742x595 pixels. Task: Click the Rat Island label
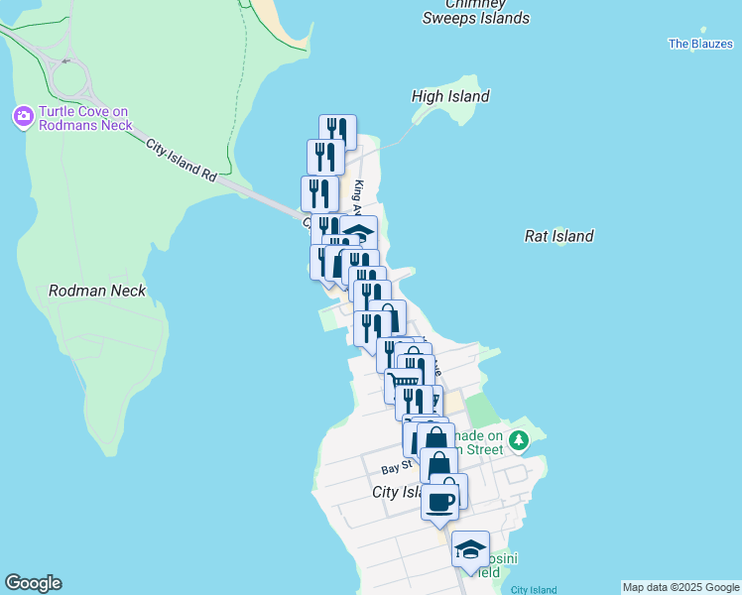click(558, 236)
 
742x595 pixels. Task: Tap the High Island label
click(450, 96)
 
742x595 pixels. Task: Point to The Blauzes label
click(700, 44)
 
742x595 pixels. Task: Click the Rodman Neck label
click(97, 291)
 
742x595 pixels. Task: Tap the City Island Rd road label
click(181, 160)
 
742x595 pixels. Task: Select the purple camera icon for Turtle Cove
click(22, 117)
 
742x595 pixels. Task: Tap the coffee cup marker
click(441, 501)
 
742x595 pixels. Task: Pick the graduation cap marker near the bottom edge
click(470, 548)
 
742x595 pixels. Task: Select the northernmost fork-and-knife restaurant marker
click(337, 130)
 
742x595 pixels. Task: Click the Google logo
click(33, 583)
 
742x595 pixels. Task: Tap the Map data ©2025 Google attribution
click(680, 588)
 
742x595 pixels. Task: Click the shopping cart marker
click(403, 382)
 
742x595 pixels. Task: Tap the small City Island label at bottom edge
click(533, 590)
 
